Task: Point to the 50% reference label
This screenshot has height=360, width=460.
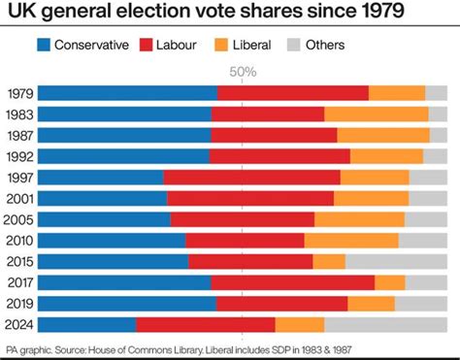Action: click(x=243, y=72)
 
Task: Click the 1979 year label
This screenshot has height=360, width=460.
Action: click(x=19, y=93)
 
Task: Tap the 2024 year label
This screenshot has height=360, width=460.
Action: click(x=19, y=324)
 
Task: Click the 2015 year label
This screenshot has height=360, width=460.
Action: click(x=19, y=261)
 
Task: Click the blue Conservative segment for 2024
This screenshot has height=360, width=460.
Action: click(x=86, y=324)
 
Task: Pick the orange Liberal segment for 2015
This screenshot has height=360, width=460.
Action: click(x=329, y=261)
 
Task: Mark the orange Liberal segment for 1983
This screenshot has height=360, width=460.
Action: click(x=377, y=115)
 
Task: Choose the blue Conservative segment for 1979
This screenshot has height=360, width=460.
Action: click(x=127, y=93)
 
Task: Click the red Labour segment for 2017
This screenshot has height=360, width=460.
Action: click(x=292, y=282)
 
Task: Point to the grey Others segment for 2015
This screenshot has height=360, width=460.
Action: click(x=396, y=261)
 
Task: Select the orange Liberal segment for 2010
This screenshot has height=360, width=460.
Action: click(x=351, y=241)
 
